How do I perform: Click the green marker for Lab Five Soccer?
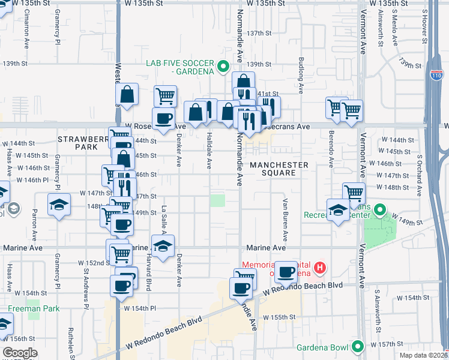[224, 67]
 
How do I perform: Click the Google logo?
[20, 353]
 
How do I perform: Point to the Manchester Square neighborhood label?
[279, 169]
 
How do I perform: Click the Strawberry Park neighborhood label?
[77, 143]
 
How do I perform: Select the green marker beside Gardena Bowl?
[358, 347]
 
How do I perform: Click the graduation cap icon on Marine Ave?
[161, 246]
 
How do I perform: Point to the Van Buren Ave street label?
[286, 216]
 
